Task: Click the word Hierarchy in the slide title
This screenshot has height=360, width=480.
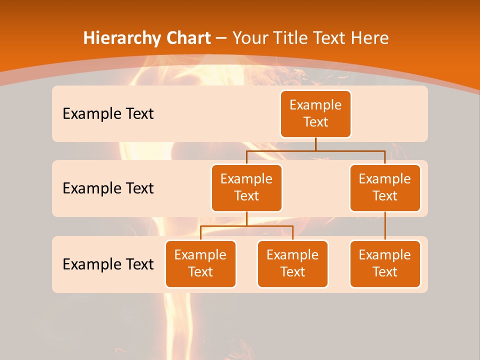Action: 117,38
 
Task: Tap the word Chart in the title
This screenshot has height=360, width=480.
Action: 186,38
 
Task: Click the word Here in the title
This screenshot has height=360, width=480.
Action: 369,38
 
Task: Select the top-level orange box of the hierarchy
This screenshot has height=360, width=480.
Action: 315,114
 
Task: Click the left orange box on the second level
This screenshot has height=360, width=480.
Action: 246,187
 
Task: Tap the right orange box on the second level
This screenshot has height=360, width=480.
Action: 385,187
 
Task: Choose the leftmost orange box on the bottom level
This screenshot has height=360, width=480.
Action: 200,263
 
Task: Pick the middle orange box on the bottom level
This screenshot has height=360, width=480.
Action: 292,263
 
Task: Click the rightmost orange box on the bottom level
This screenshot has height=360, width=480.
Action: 385,263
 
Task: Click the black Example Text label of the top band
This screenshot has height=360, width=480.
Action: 108,114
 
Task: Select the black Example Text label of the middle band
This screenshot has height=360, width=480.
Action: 108,188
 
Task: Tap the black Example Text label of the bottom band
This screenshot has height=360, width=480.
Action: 108,264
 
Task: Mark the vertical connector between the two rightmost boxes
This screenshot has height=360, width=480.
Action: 385,225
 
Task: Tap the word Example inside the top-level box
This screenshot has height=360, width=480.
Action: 315,105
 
